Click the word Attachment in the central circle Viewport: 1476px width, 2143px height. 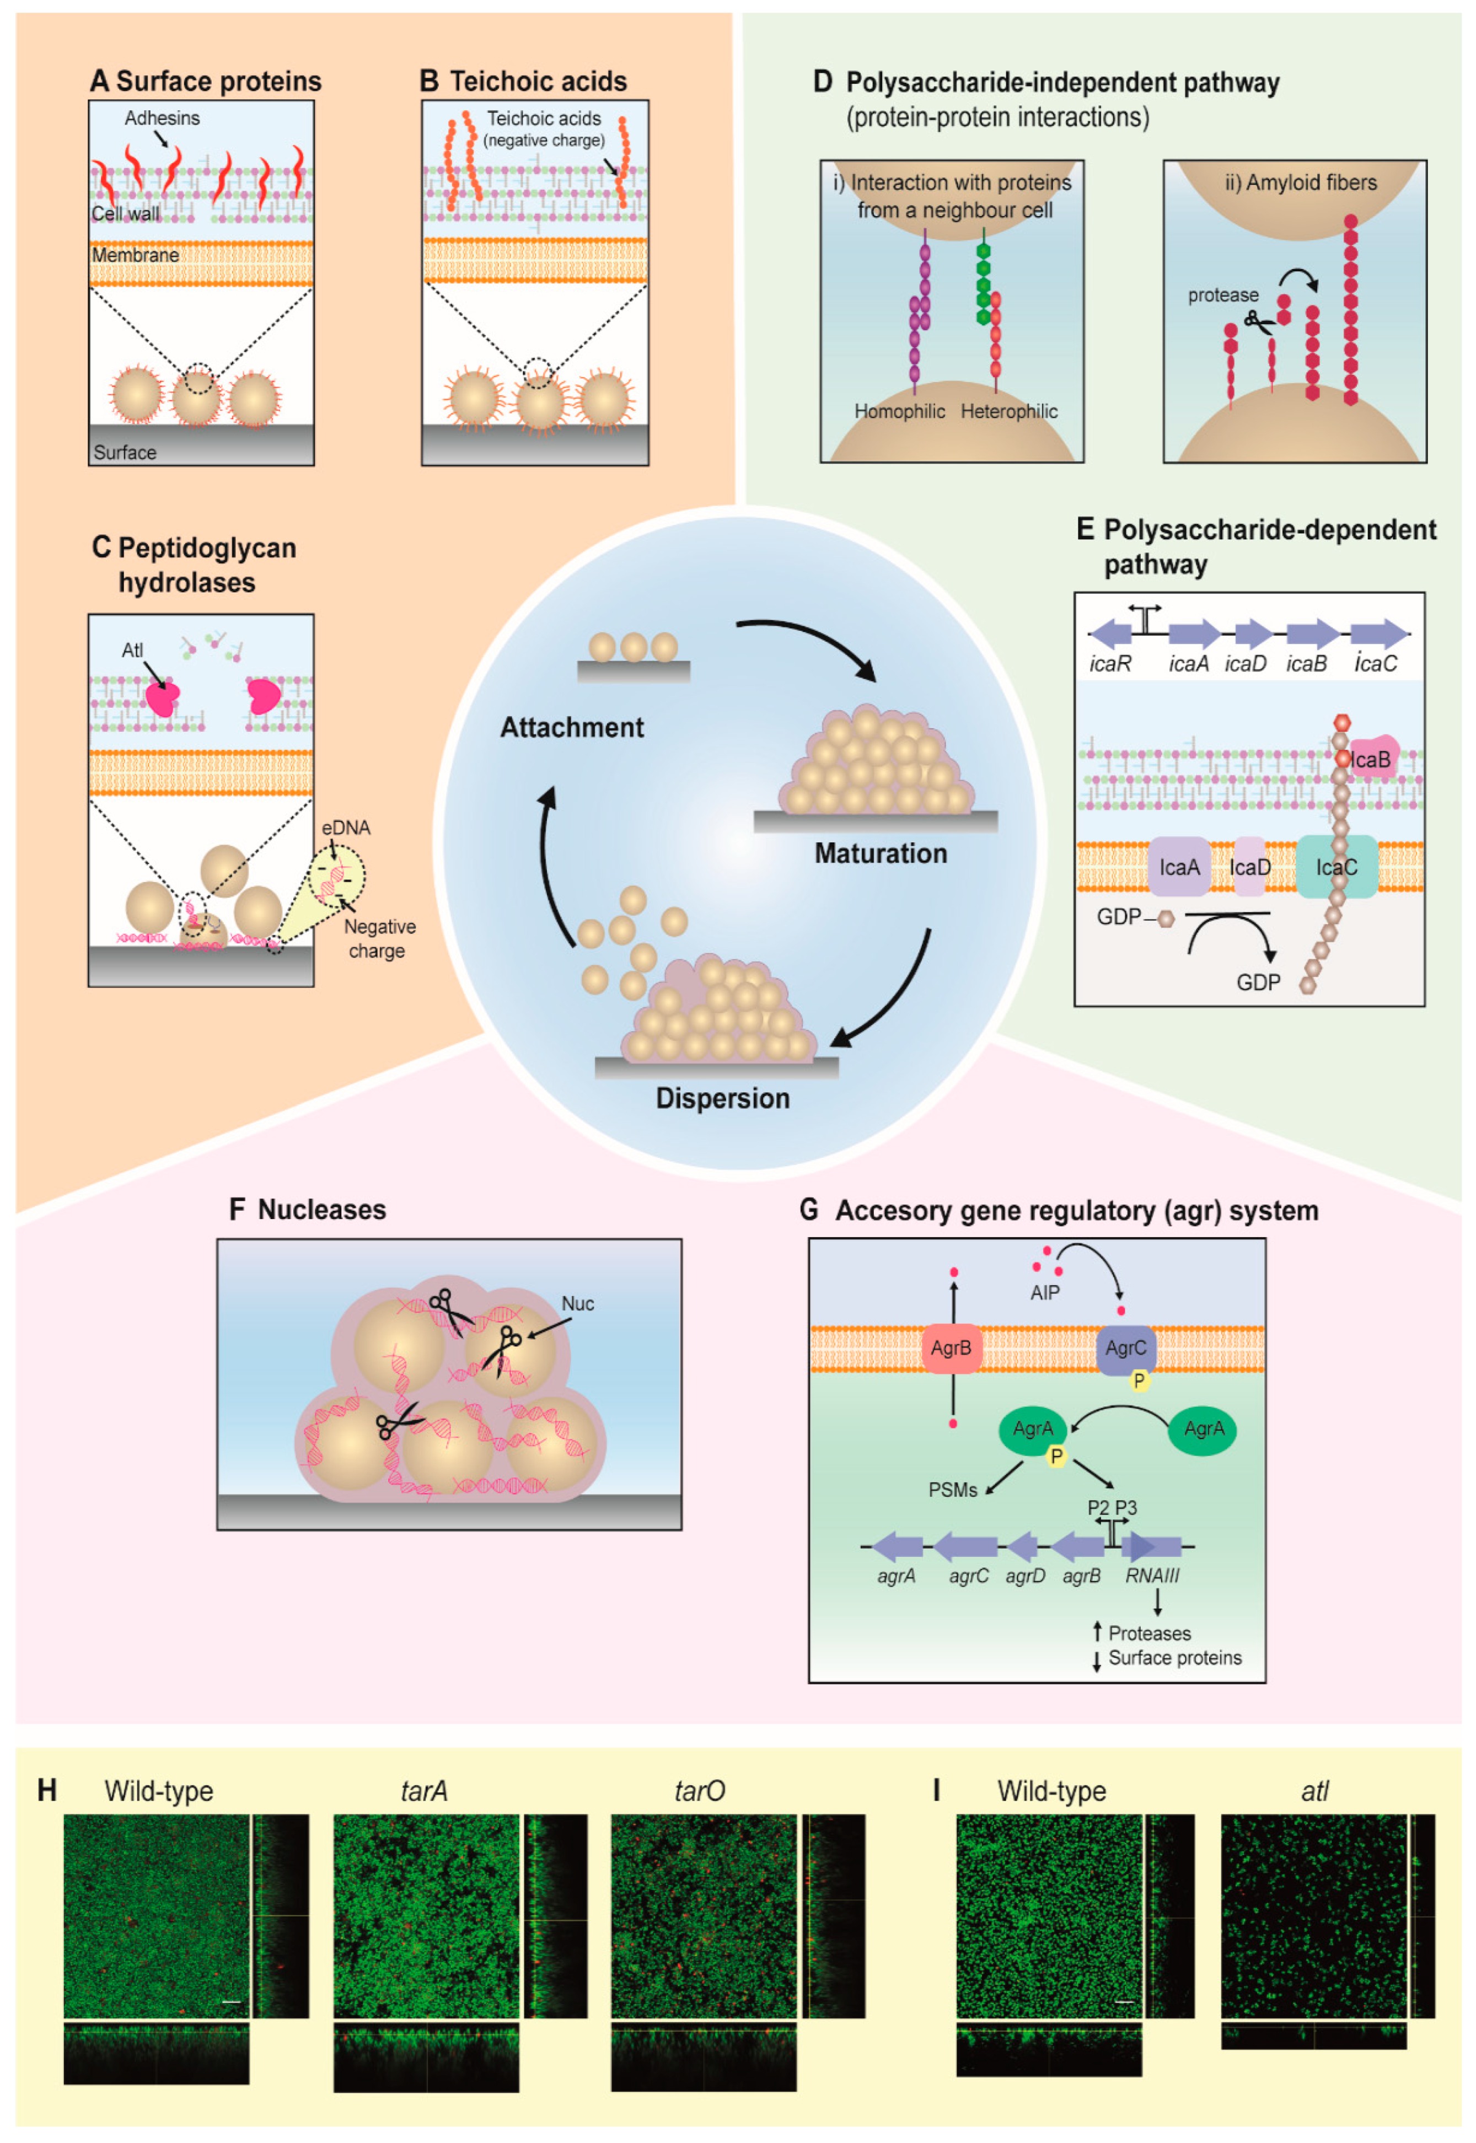[572, 728]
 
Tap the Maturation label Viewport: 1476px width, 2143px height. [881, 853]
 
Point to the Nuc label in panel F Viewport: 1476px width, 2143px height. [577, 1303]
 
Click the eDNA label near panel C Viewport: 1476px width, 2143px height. [346, 828]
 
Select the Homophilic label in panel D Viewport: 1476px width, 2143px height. [899, 411]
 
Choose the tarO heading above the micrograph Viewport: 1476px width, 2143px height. [699, 1791]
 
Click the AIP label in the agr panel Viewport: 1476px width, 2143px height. [1045, 1292]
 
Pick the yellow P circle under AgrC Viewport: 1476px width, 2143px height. [1139, 1381]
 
